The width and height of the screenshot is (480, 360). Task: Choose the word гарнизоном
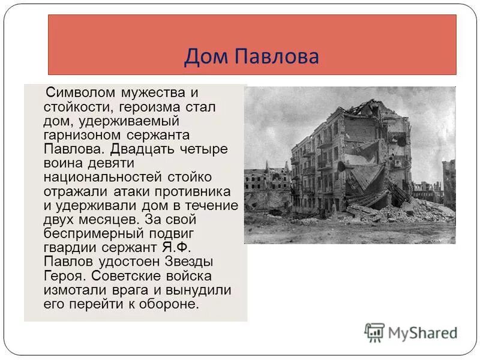coord(79,135)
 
